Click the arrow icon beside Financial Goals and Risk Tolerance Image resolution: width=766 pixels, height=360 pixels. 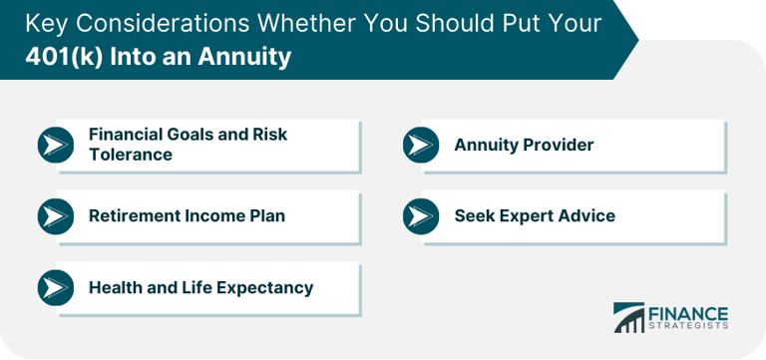(x=56, y=145)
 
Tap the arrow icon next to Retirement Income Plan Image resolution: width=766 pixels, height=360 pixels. (x=56, y=216)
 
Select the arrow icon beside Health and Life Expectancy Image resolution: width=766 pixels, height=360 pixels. (x=56, y=288)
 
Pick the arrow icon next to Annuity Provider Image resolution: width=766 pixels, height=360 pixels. (x=421, y=145)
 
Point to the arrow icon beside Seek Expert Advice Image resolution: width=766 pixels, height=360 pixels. (x=421, y=216)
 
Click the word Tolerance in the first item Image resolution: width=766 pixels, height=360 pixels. (x=131, y=155)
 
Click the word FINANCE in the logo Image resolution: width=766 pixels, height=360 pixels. (x=690, y=313)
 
